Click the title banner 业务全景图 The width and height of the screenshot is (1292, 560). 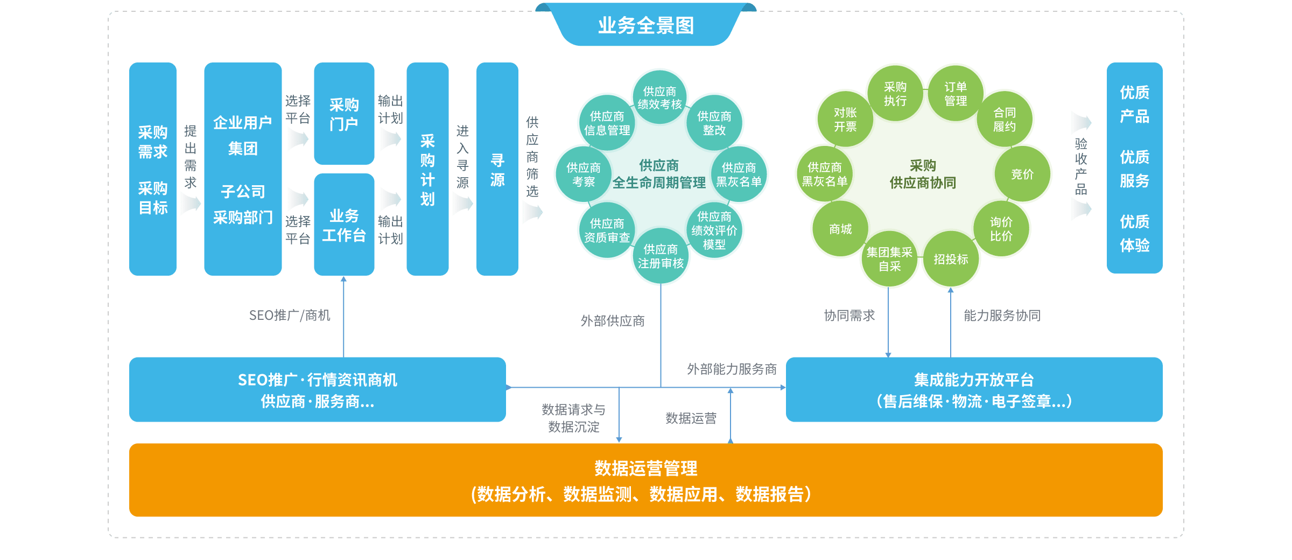645,25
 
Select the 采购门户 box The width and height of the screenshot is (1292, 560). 344,114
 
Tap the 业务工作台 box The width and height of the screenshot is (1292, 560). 344,225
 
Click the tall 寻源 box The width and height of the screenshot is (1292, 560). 497,169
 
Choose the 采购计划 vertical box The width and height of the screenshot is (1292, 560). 427,169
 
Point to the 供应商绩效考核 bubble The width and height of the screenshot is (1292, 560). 659,97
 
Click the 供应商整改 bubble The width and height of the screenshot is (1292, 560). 714,123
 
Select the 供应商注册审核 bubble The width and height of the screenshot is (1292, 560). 661,256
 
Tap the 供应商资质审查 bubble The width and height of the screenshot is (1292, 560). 607,230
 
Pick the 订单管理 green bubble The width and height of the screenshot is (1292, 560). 956,94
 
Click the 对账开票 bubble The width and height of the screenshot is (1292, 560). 845,120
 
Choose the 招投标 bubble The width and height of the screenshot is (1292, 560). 951,259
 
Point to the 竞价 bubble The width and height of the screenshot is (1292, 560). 1022,174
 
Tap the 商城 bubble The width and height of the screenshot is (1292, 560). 840,229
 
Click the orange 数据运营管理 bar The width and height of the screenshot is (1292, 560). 645,480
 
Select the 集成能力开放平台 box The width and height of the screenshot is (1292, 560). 974,390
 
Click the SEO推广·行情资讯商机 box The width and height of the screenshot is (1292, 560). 317,390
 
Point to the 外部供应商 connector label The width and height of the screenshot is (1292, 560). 612,321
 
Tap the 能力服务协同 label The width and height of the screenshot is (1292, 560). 1002,316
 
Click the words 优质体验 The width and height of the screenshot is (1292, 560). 1134,234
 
